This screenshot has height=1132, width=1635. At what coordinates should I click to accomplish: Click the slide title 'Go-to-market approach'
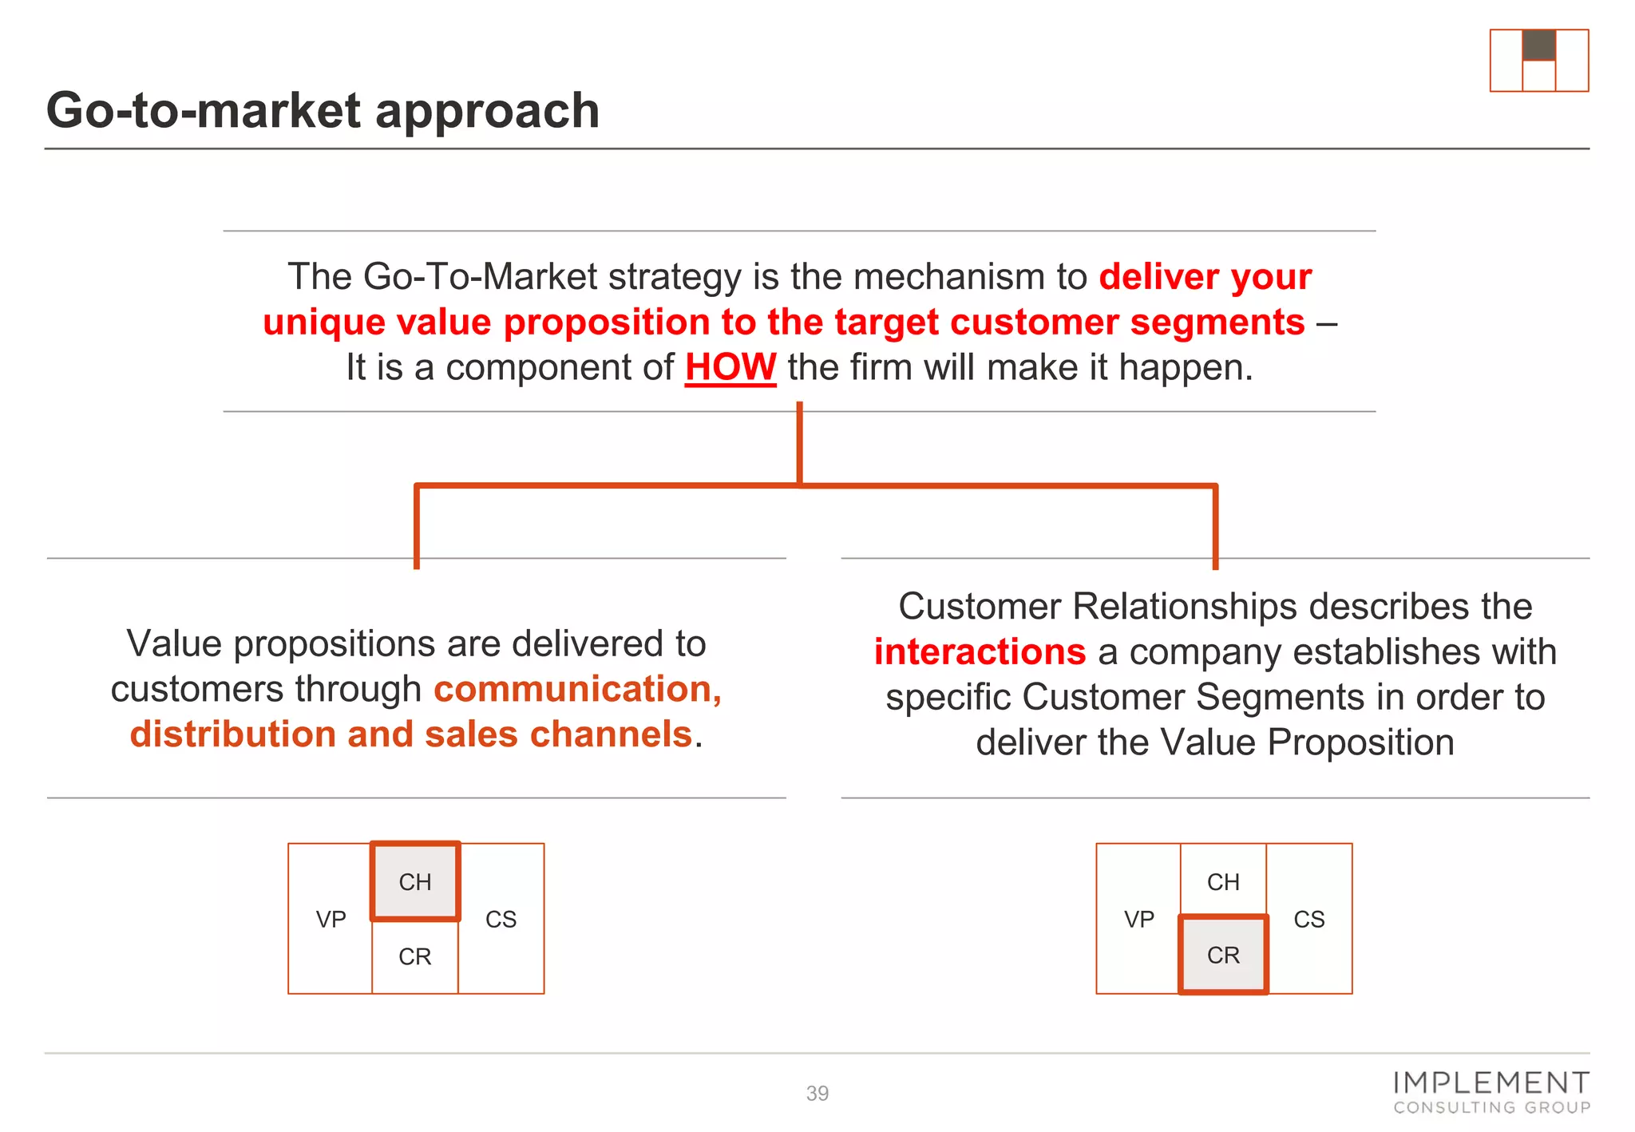tap(323, 110)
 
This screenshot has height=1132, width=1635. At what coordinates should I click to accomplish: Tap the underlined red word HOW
tap(730, 368)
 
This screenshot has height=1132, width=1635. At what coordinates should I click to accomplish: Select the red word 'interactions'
tap(980, 652)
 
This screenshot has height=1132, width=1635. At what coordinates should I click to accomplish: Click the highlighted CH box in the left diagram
tap(415, 881)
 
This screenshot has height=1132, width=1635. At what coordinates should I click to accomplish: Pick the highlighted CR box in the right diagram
tap(1223, 955)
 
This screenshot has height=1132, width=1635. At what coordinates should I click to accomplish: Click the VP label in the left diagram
tap(331, 920)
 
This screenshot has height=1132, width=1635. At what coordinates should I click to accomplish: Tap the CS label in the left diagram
tap(501, 920)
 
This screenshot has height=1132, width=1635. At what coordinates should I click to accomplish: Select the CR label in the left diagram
tap(415, 956)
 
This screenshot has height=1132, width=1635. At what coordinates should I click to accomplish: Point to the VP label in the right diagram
tap(1139, 920)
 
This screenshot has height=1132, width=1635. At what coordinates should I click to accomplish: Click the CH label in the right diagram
tap(1223, 882)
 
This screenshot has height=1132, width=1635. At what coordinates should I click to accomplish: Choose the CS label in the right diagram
tap(1309, 920)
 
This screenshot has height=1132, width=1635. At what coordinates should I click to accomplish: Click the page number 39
tap(817, 1093)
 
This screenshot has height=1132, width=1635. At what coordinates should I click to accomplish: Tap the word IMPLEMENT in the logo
tap(1491, 1083)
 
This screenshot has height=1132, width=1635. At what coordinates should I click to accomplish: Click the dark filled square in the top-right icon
tap(1538, 46)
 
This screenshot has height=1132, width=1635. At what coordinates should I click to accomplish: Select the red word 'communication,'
tap(578, 689)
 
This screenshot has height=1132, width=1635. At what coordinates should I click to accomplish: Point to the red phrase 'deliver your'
tap(1205, 277)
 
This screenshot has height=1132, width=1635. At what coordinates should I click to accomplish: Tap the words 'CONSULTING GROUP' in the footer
tap(1491, 1108)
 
